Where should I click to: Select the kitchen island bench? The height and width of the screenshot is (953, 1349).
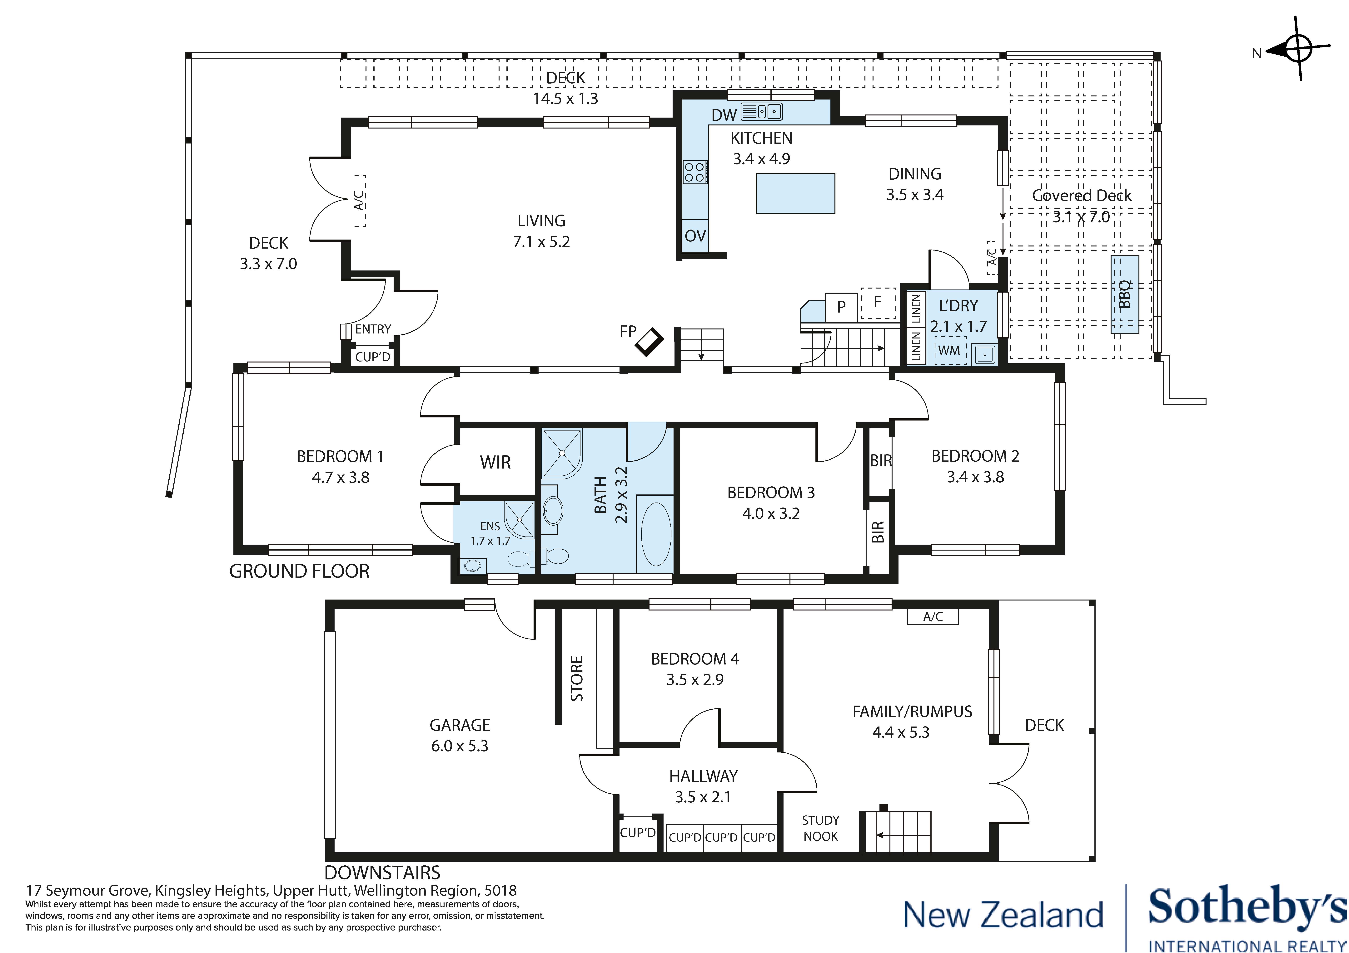795,193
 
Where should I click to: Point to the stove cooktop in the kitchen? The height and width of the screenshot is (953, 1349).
695,172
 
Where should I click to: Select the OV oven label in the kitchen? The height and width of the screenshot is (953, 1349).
695,236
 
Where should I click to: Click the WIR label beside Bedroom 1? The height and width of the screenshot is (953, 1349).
495,463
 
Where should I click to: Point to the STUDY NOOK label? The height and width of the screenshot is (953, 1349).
820,828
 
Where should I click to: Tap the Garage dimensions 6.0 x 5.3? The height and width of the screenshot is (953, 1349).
460,746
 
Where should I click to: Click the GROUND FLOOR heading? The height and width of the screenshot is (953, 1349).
299,571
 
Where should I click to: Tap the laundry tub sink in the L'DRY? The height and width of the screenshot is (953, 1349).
983,354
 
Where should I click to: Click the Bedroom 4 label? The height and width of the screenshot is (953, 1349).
694,659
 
